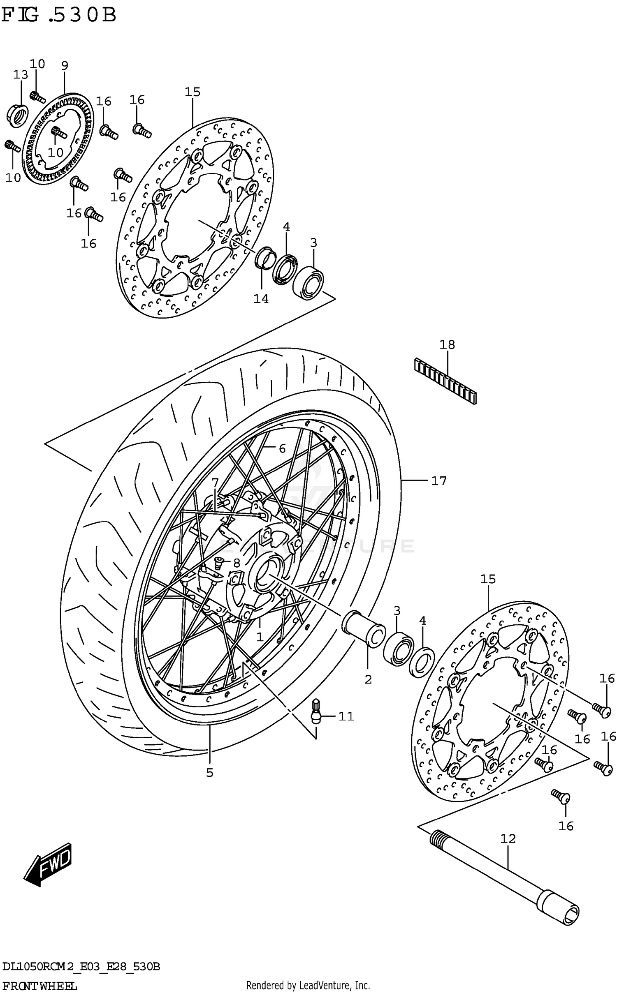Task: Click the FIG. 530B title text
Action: point(59,16)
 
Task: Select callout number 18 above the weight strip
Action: point(447,344)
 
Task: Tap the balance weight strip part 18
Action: point(445,381)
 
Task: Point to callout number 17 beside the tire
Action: point(438,480)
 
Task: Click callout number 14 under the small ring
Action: point(261,299)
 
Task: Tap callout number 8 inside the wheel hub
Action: point(236,562)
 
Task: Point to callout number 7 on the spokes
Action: point(215,481)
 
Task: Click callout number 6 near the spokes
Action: point(282,448)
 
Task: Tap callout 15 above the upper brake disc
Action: point(192,92)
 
